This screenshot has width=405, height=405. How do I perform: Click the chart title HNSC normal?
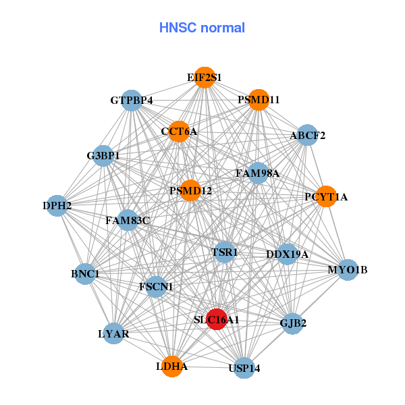click(202, 28)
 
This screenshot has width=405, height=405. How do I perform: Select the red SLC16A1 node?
click(216, 319)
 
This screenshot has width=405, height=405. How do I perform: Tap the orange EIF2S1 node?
click(205, 78)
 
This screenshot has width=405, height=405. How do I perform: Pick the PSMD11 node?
click(259, 100)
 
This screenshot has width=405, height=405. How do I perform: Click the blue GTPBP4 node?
click(132, 101)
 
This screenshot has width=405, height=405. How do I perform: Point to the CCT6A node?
click(179, 132)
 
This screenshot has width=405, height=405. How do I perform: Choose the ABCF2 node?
click(307, 135)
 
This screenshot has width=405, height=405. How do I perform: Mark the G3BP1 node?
click(103, 156)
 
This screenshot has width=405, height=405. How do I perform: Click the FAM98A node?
click(257, 173)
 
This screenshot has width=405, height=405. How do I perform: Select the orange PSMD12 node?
click(190, 191)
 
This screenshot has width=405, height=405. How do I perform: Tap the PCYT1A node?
click(326, 197)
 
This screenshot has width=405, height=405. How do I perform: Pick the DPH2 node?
click(57, 205)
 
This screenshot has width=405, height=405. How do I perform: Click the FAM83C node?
click(128, 220)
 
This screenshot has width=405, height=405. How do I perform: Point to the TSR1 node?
click(225, 252)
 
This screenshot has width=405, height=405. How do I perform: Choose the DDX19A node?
click(287, 254)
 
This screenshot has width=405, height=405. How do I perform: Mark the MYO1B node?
click(347, 270)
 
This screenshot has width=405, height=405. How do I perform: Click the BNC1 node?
click(85, 274)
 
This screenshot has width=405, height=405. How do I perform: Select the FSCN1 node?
click(156, 287)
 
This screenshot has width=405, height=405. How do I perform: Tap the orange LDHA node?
click(172, 367)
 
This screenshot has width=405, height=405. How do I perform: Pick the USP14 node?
click(244, 368)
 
